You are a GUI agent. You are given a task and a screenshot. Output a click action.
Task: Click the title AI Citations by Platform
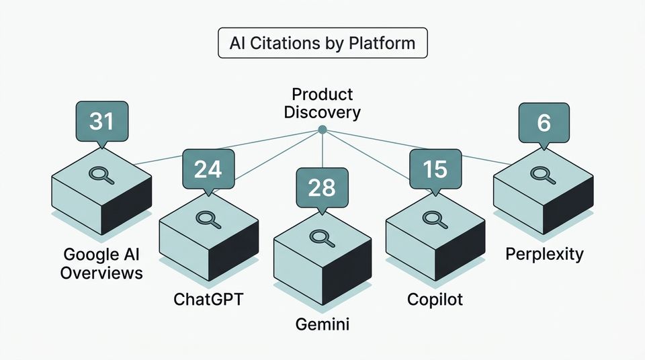[322, 44]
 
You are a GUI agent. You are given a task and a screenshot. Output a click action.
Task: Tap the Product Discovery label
[322, 103]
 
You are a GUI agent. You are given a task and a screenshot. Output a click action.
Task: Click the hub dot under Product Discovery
[322, 129]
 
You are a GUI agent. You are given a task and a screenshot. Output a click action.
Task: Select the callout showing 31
[101, 122]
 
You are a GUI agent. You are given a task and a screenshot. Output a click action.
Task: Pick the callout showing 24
[208, 169]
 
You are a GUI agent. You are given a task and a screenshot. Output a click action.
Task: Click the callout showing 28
[322, 187]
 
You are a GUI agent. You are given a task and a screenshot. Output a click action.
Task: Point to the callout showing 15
[435, 169]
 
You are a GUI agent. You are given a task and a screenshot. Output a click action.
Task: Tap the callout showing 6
[544, 122]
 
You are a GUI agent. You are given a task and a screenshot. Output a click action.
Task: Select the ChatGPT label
[208, 299]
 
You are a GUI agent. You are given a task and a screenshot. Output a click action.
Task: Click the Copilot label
[435, 299]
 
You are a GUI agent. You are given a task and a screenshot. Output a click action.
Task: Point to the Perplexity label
[544, 255]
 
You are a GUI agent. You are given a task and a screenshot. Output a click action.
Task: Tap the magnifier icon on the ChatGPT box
[206, 218]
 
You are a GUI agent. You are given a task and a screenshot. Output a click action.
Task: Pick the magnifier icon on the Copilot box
[433, 218]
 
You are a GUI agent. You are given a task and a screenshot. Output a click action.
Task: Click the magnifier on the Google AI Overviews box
[99, 174]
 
